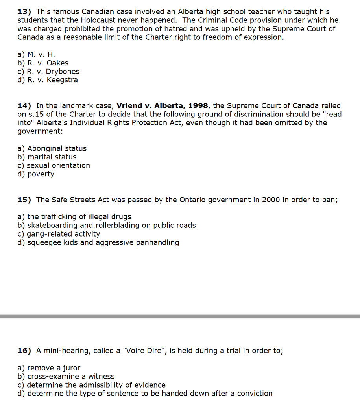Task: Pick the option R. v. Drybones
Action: tap(48, 72)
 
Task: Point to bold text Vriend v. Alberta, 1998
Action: tap(162, 106)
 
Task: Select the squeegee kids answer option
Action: tap(98, 242)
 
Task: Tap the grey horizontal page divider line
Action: tap(180, 316)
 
